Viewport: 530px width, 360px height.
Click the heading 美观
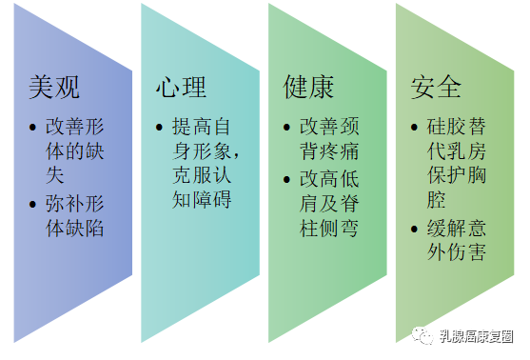tap(54, 89)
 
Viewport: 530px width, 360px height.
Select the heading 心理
tap(181, 89)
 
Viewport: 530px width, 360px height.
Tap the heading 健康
tap(309, 89)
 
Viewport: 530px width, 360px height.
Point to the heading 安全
tap(437, 89)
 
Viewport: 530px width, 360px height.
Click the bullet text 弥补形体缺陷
tap(74, 215)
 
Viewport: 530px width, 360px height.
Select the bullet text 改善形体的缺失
tap(74, 138)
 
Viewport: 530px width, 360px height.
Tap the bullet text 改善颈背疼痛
tap(329, 138)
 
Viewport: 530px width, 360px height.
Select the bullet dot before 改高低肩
tap(289, 177)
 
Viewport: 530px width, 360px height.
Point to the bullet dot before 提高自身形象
tap(162, 126)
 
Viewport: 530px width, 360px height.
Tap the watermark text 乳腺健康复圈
tap(476, 335)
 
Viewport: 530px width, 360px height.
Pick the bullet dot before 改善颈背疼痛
tap(289, 126)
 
